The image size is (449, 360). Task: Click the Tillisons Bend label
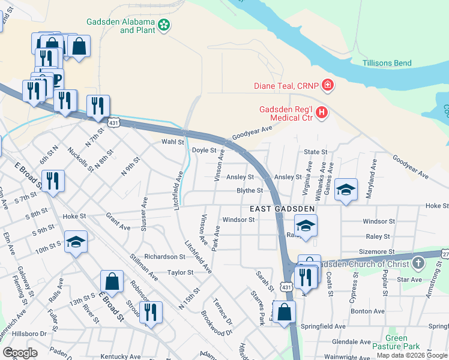(x=387, y=63)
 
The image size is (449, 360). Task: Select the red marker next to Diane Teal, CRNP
(x=327, y=85)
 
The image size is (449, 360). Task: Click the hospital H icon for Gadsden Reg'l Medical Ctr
(x=322, y=112)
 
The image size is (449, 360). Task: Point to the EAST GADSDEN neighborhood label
(x=283, y=208)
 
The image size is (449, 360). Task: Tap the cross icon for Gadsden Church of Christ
(x=418, y=263)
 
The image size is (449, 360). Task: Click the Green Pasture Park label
(x=403, y=342)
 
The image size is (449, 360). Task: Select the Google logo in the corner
(x=20, y=353)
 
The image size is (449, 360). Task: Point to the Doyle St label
(x=203, y=150)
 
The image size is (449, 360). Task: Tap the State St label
(x=315, y=152)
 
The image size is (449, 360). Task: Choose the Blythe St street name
(x=250, y=190)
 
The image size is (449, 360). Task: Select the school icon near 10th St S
(x=76, y=242)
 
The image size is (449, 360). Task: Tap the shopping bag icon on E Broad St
(x=112, y=281)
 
